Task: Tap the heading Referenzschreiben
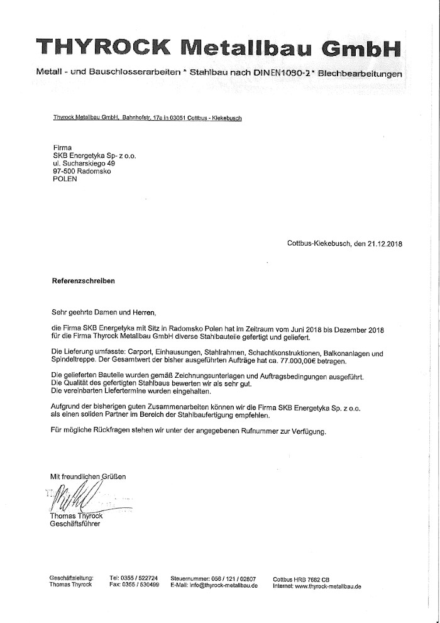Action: click(83, 282)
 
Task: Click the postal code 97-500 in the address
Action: click(65, 170)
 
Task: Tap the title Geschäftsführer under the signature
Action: click(74, 524)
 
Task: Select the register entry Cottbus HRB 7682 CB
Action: click(301, 577)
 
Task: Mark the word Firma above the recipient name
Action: click(63, 146)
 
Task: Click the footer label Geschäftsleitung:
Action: click(71, 577)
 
